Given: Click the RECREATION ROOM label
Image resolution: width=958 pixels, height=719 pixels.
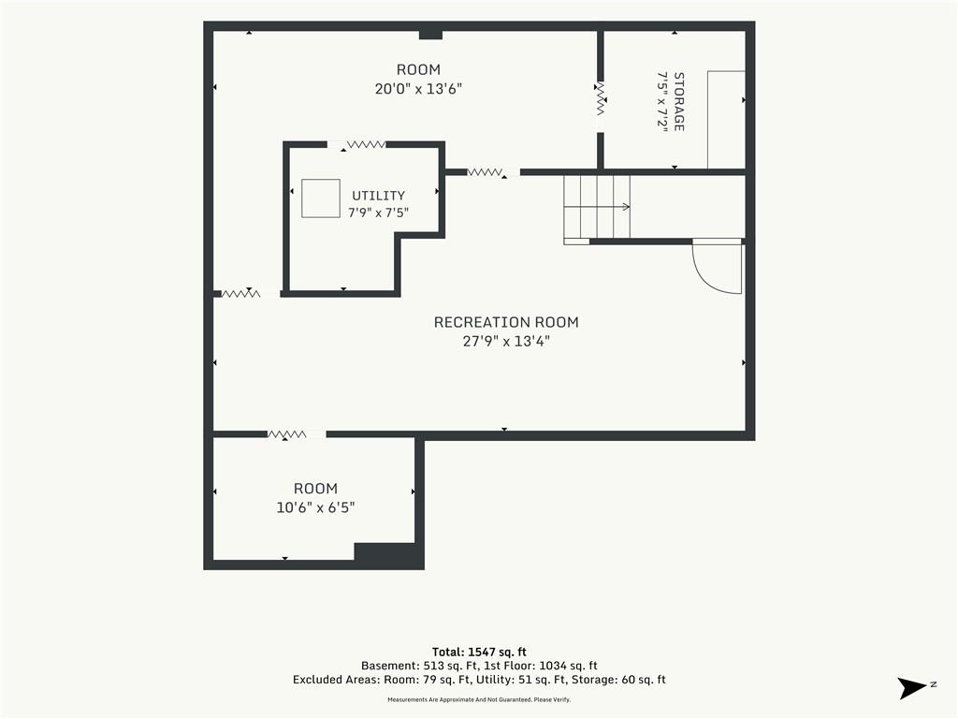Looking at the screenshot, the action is [506, 322].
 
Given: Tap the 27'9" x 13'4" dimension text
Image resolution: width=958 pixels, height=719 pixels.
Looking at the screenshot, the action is [506, 341].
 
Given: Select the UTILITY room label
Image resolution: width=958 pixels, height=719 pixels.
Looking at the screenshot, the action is [378, 196].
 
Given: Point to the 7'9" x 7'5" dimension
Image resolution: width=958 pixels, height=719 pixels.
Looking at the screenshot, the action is [378, 213].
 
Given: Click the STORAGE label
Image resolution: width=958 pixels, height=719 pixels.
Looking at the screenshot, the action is [679, 101].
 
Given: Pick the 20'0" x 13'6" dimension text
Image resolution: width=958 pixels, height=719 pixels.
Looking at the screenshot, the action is [418, 89].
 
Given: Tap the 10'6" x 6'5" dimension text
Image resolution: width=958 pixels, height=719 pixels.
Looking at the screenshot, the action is [315, 507].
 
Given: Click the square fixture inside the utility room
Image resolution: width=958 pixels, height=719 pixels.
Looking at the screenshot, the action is [321, 198].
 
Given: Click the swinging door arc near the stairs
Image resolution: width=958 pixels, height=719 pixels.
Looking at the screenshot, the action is [703, 275].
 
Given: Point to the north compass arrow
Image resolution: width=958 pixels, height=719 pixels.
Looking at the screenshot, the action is [912, 688].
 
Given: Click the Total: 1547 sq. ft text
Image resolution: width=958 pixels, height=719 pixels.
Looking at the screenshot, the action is [479, 652].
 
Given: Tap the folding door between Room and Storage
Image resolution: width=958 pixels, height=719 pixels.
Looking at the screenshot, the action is [601, 99].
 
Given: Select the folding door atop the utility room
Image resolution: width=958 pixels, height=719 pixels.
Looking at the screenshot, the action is [366, 145].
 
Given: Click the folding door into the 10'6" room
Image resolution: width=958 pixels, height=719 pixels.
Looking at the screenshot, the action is [287, 434].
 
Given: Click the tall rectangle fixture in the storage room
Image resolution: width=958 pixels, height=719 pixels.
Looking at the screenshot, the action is [726, 119].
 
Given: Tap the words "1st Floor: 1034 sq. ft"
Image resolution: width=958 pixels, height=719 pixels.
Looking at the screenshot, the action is [541, 666].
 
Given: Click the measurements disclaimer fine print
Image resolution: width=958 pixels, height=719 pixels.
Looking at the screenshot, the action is [479, 699].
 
